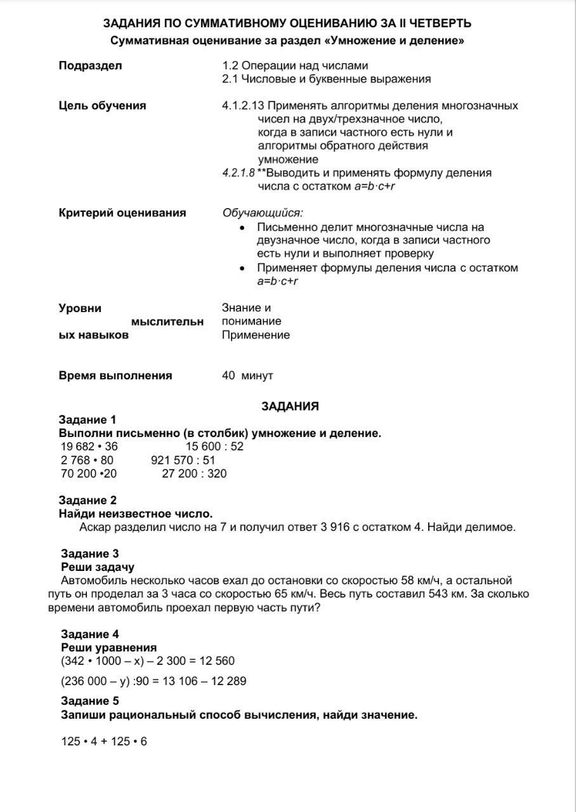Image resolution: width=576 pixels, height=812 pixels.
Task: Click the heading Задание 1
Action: tap(88, 420)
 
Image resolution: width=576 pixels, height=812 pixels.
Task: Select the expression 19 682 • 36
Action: tap(89, 447)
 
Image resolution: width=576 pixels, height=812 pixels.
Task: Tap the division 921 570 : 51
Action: tap(183, 460)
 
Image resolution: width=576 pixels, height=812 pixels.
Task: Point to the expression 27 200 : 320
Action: tap(194, 473)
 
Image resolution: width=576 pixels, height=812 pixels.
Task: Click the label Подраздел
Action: tap(91, 66)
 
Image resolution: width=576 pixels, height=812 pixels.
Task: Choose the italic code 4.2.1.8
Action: tap(238, 173)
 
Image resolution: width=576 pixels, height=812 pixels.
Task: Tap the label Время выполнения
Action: tap(115, 376)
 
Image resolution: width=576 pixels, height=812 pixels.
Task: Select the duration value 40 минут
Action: tap(247, 376)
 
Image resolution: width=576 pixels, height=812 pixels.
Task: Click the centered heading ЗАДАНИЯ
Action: tap(290, 406)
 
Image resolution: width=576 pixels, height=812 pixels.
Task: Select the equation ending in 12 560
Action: tap(148, 661)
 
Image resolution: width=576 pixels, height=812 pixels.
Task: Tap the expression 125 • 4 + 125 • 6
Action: tap(104, 742)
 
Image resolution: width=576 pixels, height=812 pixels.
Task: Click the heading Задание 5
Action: tap(90, 701)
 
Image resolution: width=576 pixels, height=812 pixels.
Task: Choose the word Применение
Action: tap(256, 335)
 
